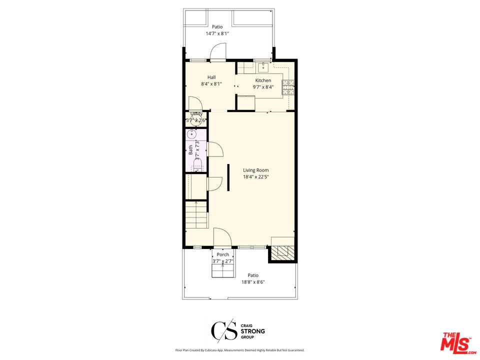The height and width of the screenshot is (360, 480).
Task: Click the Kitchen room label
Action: pos(263,80)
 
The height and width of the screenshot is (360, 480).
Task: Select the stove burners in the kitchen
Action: pos(288,88)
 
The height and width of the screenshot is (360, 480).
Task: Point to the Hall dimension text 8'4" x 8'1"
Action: pos(211,84)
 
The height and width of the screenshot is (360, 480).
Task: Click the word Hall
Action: pos(211,77)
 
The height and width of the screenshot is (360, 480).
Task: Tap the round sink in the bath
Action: pos(192,134)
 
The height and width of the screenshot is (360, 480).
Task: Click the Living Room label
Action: pos(255,170)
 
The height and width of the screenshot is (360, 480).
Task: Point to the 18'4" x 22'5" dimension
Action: pos(255,176)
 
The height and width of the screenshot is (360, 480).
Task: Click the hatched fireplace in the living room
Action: pos(282,253)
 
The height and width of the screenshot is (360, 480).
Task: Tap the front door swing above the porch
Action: pos(222,237)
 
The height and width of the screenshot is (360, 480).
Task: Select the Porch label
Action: pos(222,254)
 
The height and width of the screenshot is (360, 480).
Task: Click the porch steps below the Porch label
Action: pos(222,270)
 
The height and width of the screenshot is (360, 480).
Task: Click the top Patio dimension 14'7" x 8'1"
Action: pos(217,33)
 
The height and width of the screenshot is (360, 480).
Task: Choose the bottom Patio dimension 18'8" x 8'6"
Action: pos(253,282)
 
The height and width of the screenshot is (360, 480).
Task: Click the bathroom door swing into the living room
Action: pos(214,149)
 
